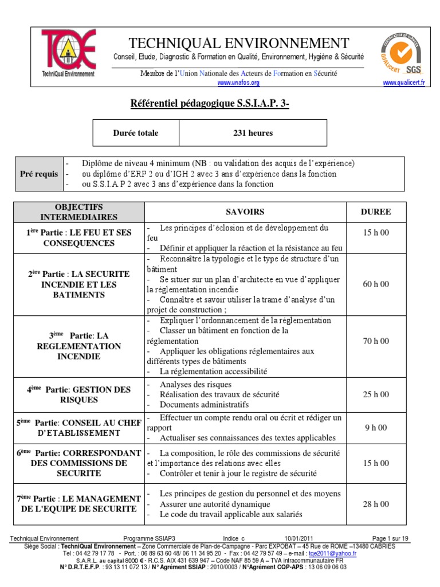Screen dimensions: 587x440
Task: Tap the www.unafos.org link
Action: (x=239, y=83)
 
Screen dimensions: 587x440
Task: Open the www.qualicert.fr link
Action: (x=404, y=83)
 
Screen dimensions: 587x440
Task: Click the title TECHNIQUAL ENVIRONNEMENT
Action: (x=238, y=44)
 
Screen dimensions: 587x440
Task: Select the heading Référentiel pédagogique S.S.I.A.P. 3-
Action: (x=214, y=103)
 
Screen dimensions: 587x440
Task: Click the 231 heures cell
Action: (x=253, y=133)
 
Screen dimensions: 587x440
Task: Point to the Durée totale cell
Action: (x=136, y=133)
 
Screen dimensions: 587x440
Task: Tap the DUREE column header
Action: (x=375, y=212)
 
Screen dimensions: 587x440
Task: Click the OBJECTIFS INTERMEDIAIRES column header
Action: (x=78, y=212)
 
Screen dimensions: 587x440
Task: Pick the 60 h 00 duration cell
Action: (x=375, y=284)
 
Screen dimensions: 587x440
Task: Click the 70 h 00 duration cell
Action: (x=375, y=341)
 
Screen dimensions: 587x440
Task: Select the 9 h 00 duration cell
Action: (x=375, y=427)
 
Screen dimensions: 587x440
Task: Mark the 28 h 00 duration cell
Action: (x=375, y=504)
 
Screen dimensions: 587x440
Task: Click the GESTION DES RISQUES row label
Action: (x=78, y=394)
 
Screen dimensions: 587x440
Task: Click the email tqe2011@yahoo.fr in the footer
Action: (x=332, y=554)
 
